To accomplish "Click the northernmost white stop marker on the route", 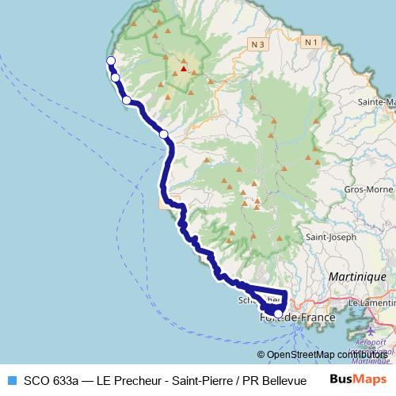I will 110,62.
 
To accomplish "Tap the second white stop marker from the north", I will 116,78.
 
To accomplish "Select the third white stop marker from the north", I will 126,100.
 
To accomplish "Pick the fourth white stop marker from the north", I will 164,135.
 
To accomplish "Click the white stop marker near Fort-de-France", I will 277,314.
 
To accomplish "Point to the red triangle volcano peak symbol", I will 183,69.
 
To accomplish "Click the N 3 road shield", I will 256,45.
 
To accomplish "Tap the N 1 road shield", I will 311,41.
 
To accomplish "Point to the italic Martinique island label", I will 360,276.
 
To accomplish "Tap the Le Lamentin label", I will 371,303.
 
